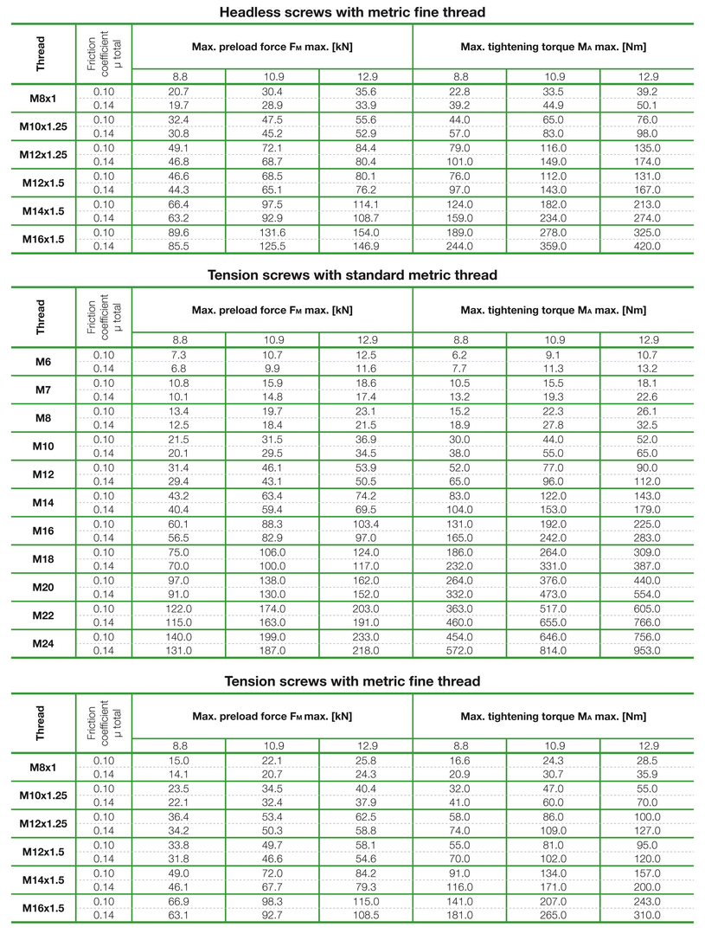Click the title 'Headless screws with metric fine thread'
pyautogui.click(x=352, y=12)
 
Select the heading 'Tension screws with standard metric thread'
pyautogui.click(x=352, y=274)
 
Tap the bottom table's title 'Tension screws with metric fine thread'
pyautogui.click(x=352, y=681)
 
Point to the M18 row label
pyautogui.click(x=43, y=558)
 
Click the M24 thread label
pyautogui.click(x=43, y=643)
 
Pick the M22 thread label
pyautogui.click(x=43, y=615)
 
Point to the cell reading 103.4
pyautogui.click(x=366, y=524)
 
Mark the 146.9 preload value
pyautogui.click(x=366, y=246)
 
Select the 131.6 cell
pyautogui.click(x=272, y=232)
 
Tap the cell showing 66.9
pyautogui.click(x=179, y=901)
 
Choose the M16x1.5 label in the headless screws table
pyautogui.click(x=43, y=239)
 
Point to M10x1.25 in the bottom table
pyautogui.click(x=43, y=796)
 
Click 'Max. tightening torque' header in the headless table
pyautogui.click(x=554, y=46)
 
